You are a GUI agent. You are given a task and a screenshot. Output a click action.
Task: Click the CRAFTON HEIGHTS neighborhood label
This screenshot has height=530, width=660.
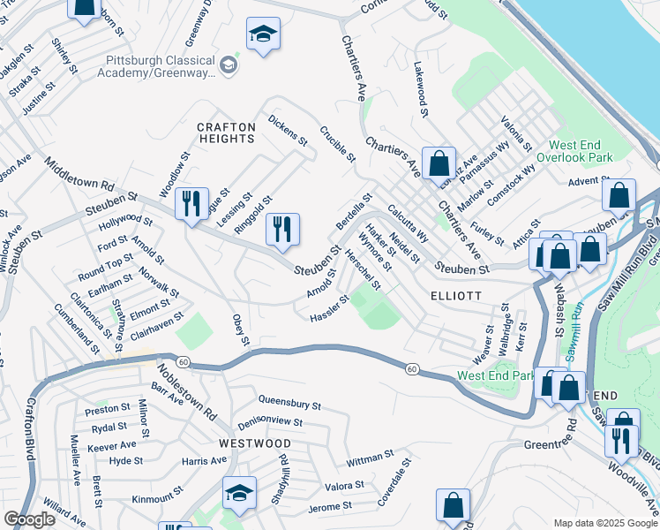tap(226, 134)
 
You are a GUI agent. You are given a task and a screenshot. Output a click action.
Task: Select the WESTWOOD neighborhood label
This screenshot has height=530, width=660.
tap(255, 443)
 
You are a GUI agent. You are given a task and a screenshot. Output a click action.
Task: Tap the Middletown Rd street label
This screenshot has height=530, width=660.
tap(79, 176)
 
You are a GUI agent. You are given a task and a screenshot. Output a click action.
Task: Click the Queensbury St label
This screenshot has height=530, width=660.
tap(289, 404)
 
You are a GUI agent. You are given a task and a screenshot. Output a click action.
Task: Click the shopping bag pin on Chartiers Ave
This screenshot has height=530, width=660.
tap(439, 163)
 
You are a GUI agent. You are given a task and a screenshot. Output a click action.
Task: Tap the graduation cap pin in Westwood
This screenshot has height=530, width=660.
tap(238, 493)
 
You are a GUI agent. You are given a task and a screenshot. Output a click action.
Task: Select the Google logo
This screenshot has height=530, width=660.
tap(29, 519)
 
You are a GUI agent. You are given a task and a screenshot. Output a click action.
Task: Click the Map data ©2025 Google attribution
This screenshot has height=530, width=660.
tap(604, 523)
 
